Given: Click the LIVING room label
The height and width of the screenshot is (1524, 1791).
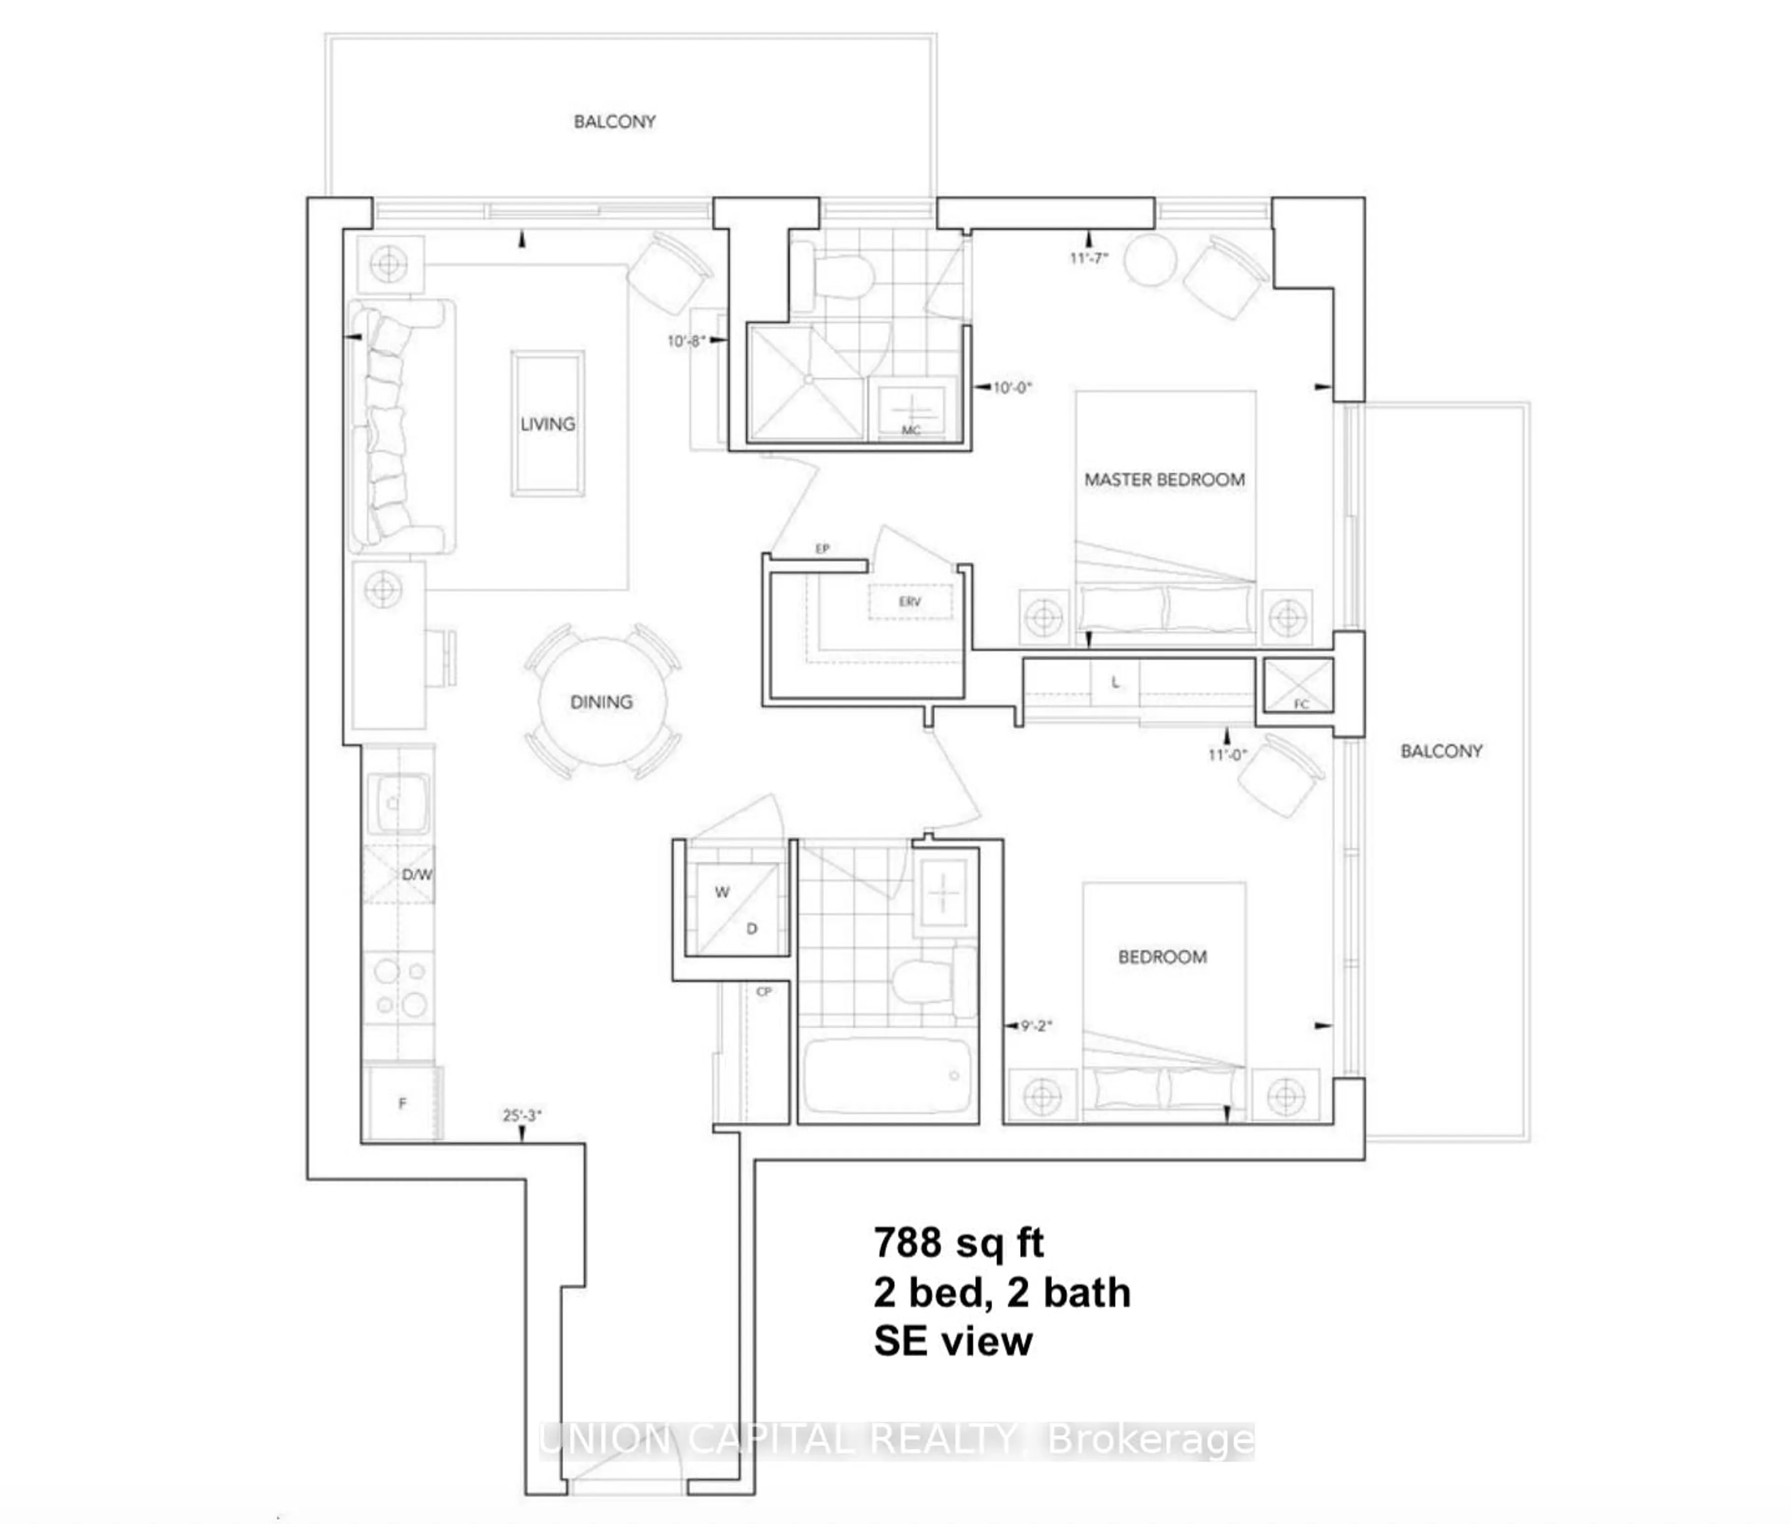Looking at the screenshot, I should coord(547,424).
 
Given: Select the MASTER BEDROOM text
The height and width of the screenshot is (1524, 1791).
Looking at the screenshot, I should coord(1164,479).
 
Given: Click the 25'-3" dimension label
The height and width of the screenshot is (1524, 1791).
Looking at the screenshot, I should coord(522,1115).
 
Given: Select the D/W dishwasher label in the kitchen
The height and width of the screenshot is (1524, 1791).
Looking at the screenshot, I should coord(417,874).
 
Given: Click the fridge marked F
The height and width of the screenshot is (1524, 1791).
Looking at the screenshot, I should coord(402,1103).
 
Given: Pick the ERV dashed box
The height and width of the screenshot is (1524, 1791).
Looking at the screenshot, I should coord(910,601).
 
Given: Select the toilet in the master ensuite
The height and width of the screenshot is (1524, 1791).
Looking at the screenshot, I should coord(842,275).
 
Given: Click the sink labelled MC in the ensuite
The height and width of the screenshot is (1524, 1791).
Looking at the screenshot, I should coord(910,408).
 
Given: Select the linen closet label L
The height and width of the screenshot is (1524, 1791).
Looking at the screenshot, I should coord(1115,683).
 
